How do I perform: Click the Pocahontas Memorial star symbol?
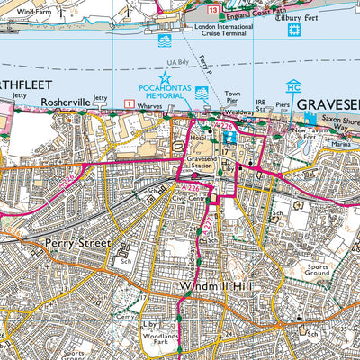pyautogui.click(x=166, y=79)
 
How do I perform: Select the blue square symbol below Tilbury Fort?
pyautogui.click(x=292, y=31)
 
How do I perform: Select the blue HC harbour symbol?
pyautogui.click(x=293, y=86)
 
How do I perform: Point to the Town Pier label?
pyautogui.click(x=232, y=98)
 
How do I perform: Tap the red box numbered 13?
pyautogui.click(x=212, y=7)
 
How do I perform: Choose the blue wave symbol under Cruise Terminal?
pyautogui.click(x=165, y=41)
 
